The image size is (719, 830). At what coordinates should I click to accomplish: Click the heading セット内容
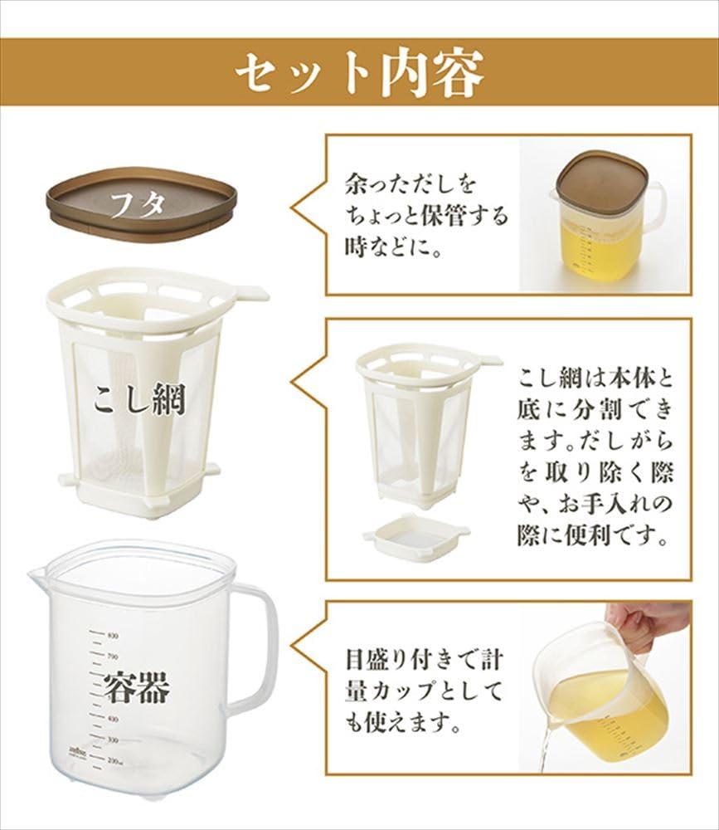pos(358,74)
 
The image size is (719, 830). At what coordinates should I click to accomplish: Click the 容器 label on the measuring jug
pos(137,688)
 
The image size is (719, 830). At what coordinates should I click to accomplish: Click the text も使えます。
pos(402,725)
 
